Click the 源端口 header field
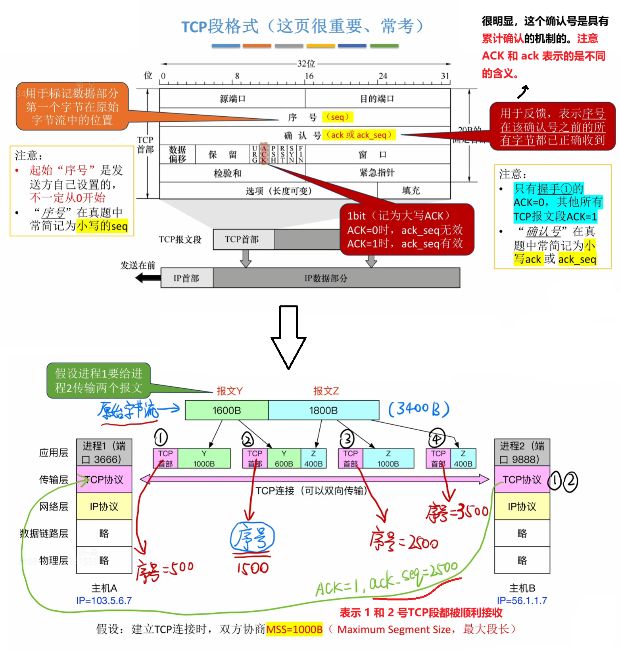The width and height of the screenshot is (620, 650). pos(232,98)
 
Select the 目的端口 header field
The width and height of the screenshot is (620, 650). pos(377,98)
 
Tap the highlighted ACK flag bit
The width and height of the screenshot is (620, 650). pos(264,154)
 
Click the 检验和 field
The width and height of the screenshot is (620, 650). pos(227,173)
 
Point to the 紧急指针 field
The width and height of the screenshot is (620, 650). pos(377,173)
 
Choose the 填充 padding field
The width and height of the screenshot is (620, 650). pos(411,191)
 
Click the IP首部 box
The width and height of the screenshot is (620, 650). pos(186,278)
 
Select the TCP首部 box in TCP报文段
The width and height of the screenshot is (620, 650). pos(242,239)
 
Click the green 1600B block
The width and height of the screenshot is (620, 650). pos(227,410)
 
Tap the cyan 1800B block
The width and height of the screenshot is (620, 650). pos(323,410)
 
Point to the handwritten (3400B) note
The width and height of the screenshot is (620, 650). pos(418,409)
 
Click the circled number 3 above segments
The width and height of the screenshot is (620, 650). pos(347,439)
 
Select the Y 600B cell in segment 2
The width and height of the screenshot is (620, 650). pos(284,459)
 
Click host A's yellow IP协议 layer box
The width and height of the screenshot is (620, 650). pos(104,506)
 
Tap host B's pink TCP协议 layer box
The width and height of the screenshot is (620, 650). pos(522,479)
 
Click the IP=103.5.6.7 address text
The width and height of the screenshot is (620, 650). pos(104,600)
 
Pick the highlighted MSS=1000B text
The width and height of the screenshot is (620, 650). pos(294,629)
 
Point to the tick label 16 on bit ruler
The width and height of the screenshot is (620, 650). pos(309,76)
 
